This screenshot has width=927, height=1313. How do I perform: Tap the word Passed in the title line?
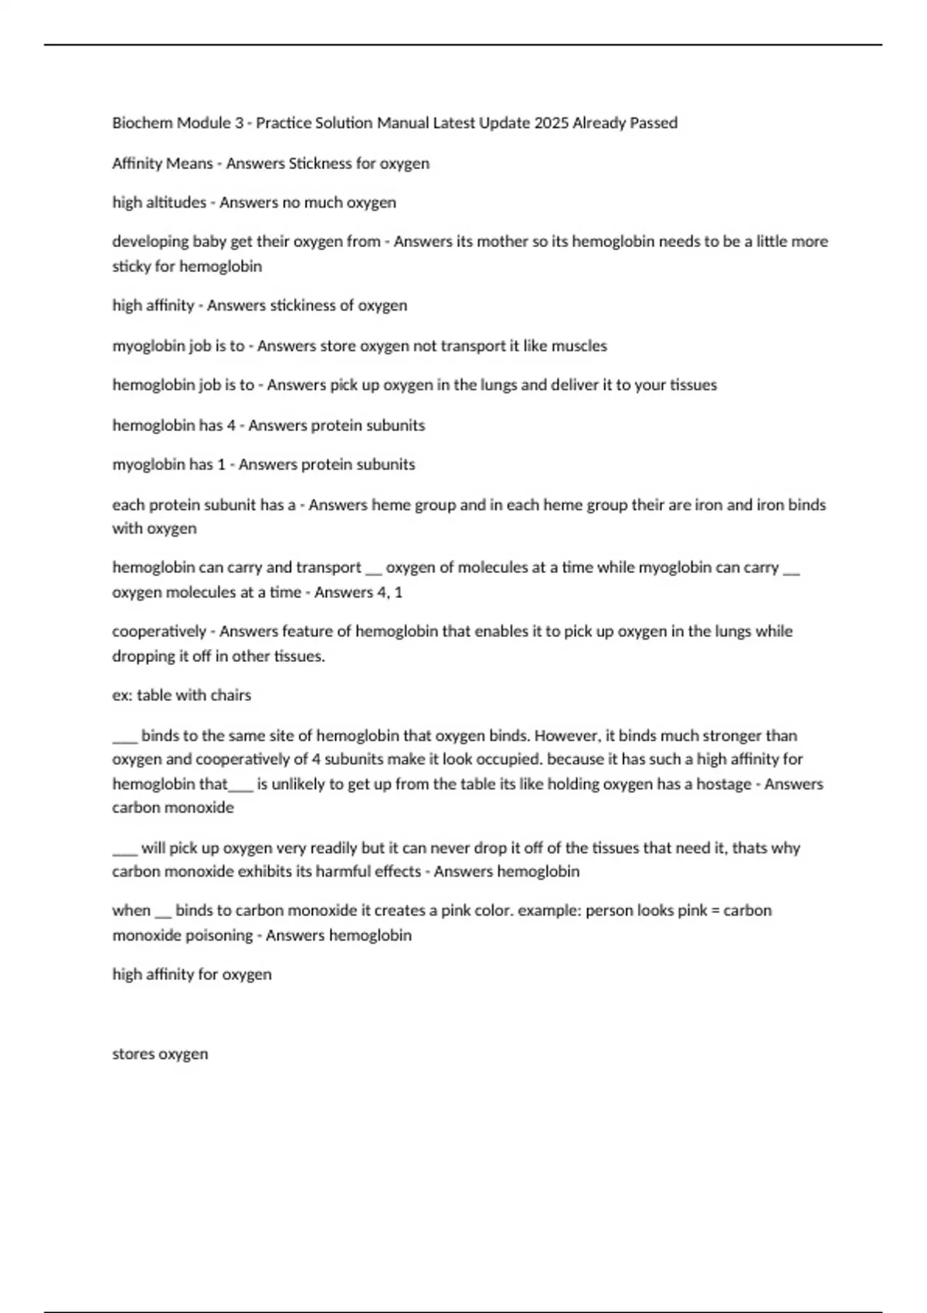[x=652, y=123]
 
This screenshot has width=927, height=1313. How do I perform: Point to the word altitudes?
[x=176, y=202]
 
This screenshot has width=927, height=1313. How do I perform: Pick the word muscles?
[x=578, y=345]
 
